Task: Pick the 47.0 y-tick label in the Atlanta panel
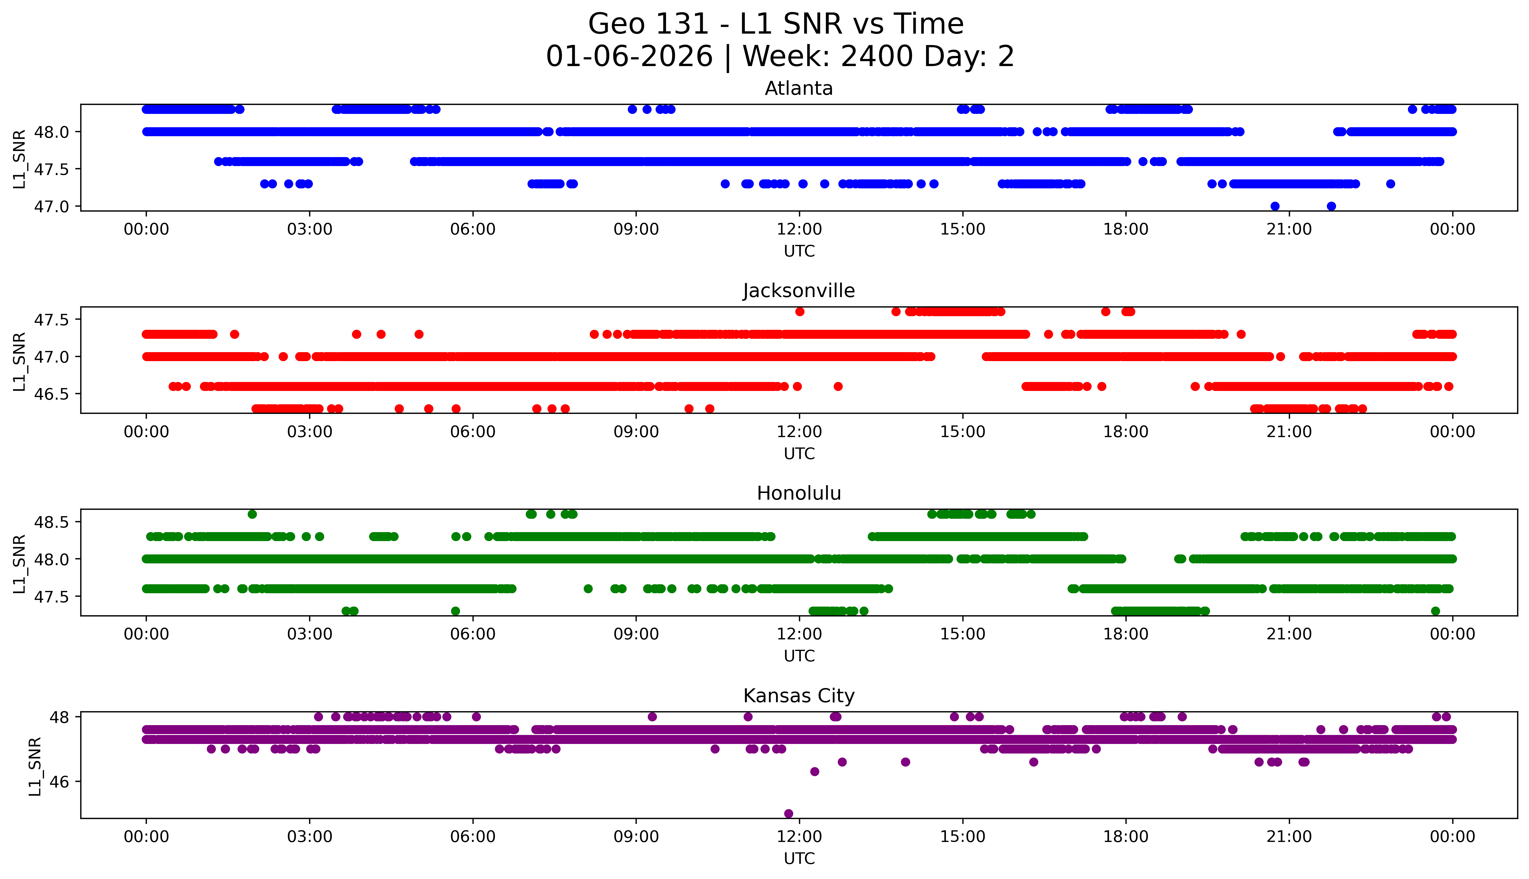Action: click(51, 206)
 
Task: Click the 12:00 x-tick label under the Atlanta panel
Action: click(799, 230)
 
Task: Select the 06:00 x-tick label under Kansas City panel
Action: click(472, 837)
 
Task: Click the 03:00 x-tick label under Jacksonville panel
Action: click(310, 432)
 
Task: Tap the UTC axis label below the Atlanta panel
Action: click(799, 251)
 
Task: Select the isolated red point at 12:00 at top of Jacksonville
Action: click(800, 312)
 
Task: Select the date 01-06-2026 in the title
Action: click(629, 57)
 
